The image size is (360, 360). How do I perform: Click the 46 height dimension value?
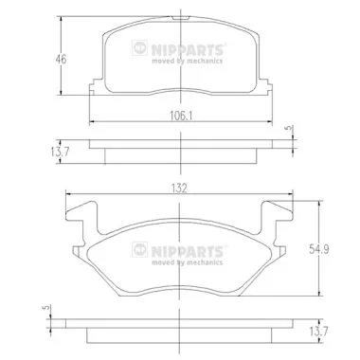(61, 59)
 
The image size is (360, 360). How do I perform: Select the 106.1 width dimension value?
(181, 117)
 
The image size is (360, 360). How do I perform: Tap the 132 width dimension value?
(179, 189)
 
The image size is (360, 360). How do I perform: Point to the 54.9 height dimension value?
(319, 249)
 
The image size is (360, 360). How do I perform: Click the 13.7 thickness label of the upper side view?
(60, 152)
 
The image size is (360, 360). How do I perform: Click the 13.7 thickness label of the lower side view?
(318, 332)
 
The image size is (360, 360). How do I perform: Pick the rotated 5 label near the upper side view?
(288, 128)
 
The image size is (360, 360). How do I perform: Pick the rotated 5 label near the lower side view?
(46, 307)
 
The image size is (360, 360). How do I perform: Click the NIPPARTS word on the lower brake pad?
(188, 252)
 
